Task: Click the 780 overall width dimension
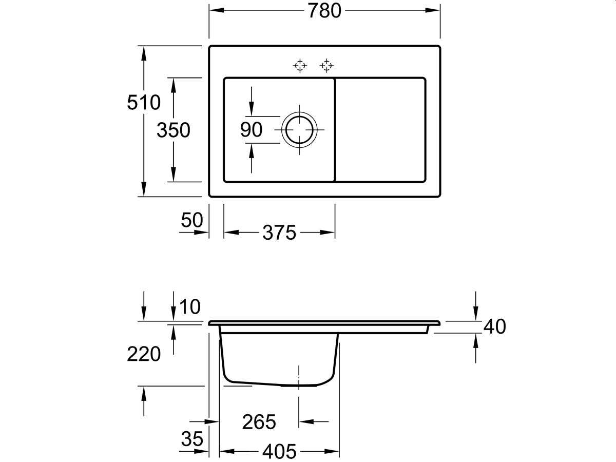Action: (324, 11)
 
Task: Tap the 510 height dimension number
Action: (144, 102)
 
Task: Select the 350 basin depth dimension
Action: (174, 130)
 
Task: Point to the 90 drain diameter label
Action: (251, 129)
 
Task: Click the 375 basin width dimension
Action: (279, 233)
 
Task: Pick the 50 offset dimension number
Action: (192, 220)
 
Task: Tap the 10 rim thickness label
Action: (190, 306)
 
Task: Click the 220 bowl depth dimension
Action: (144, 354)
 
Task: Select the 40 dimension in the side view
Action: (495, 326)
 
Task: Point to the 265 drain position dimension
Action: (259, 422)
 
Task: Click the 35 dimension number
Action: (192, 439)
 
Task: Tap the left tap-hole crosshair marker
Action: (300, 66)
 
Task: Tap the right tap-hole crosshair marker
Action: (326, 66)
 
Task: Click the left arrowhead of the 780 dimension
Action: (217, 10)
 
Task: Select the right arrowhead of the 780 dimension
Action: (432, 10)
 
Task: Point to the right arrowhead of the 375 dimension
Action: (328, 233)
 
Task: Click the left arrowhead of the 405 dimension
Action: (227, 452)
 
